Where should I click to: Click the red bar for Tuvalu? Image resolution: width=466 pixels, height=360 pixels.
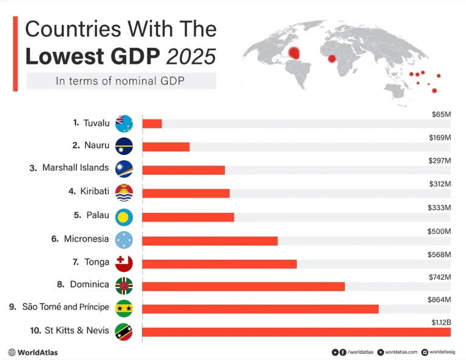click(152, 124)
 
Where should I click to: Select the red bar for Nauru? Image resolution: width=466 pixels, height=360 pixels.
click(166, 147)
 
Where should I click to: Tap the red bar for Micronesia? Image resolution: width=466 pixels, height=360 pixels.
click(210, 240)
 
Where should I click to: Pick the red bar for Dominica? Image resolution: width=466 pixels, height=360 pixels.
click(243, 287)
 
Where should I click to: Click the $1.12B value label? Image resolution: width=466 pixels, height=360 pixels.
click(441, 322)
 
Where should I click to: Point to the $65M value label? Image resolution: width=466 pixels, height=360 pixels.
click(441, 114)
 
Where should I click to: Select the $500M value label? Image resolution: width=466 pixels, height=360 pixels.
click(439, 231)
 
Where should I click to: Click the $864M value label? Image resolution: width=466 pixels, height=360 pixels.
click(439, 299)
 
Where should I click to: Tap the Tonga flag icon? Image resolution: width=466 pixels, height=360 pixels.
click(124, 263)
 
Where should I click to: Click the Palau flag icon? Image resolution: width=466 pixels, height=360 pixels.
click(124, 216)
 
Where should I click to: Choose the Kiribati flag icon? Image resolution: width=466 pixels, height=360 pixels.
click(124, 192)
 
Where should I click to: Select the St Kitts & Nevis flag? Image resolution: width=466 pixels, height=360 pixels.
click(124, 331)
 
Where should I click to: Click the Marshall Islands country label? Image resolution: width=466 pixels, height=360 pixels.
click(75, 168)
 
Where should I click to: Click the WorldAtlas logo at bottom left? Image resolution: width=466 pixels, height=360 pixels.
click(33, 352)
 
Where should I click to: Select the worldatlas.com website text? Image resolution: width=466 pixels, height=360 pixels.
click(400, 352)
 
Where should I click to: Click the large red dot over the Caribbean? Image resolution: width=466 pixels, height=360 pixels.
click(295, 53)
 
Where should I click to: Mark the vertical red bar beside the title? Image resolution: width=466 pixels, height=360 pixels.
click(15, 54)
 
